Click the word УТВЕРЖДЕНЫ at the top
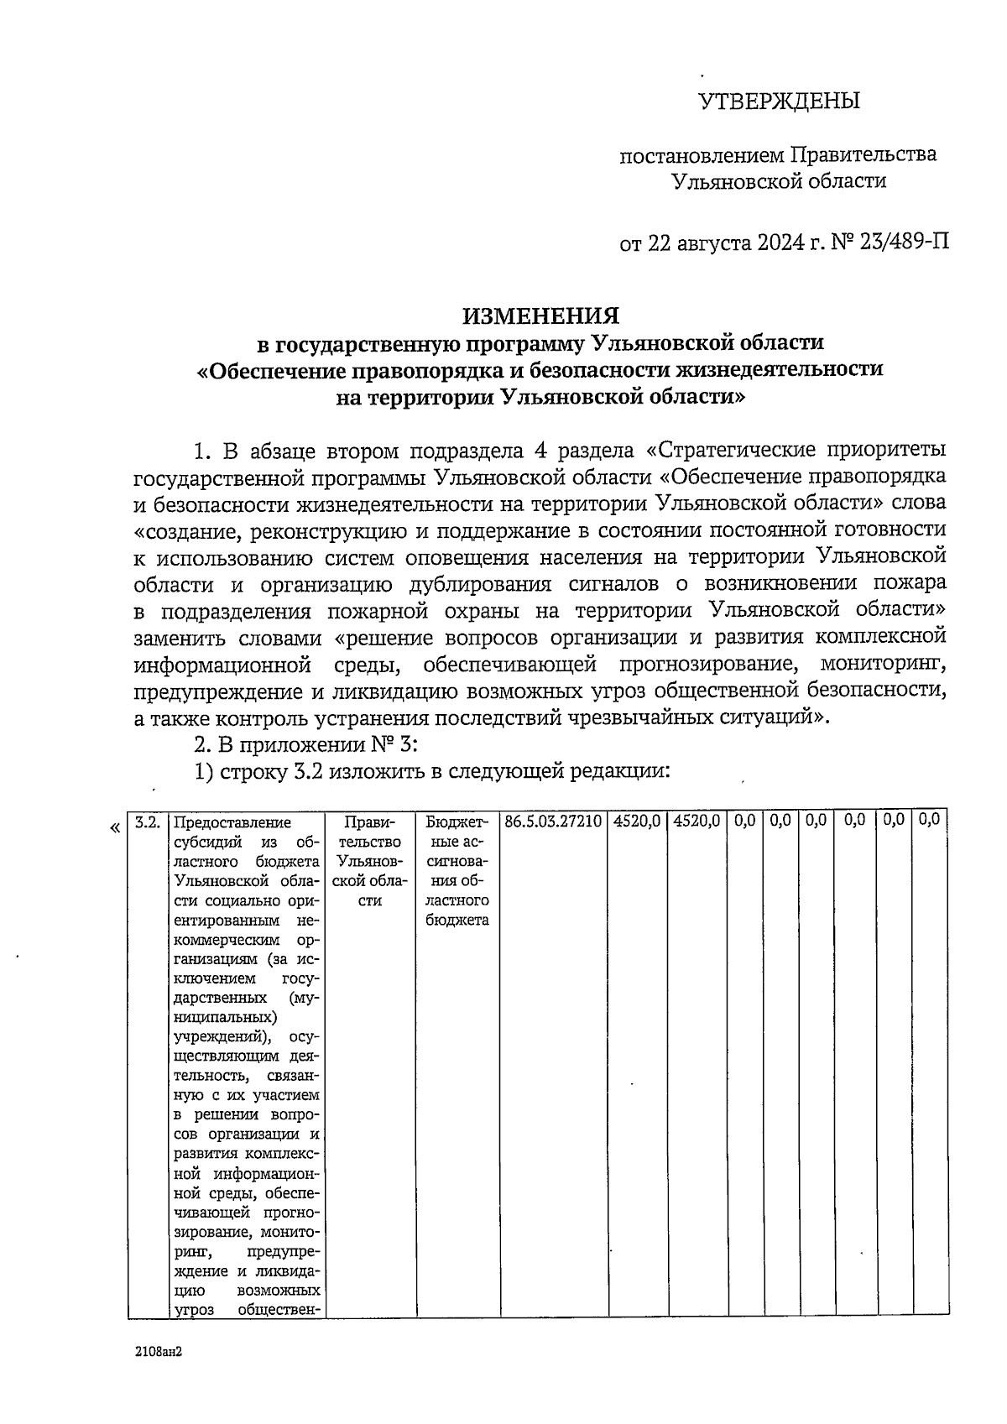(x=780, y=102)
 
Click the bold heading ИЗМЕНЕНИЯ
(x=541, y=316)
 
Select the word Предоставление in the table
(x=232, y=822)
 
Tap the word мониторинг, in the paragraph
(x=883, y=665)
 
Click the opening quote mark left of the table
(x=114, y=828)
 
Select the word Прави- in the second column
(x=368, y=822)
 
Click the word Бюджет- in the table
(x=457, y=822)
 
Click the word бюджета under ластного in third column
(x=457, y=921)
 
